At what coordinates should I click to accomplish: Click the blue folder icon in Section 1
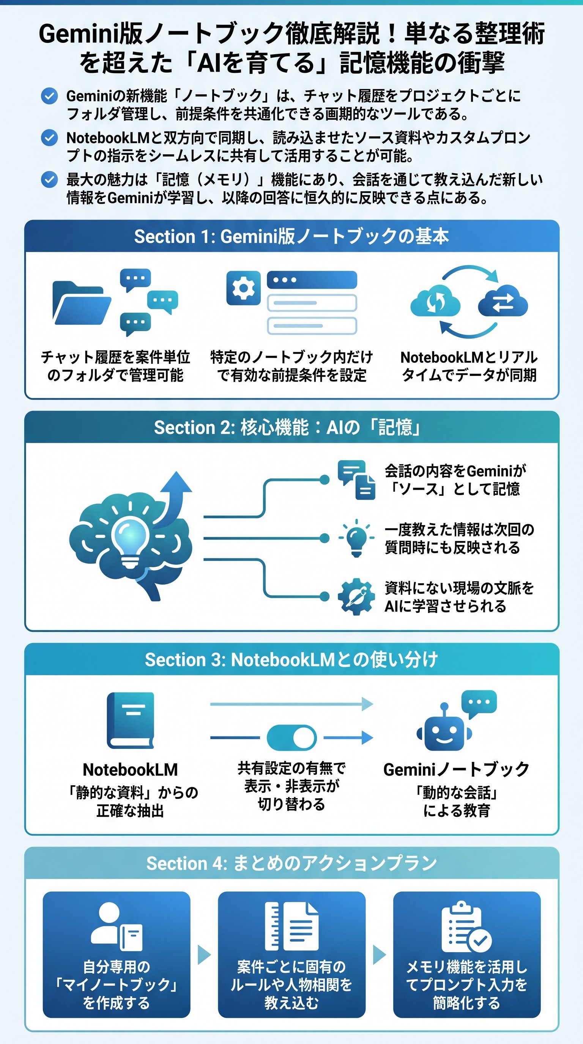pos(82,303)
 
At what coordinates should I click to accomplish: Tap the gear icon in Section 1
pos(243,288)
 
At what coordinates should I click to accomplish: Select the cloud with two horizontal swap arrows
pos(503,302)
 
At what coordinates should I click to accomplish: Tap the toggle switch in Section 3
pos(291,737)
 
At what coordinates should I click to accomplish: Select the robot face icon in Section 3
pos(444,732)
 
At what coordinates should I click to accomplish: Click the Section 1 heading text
pos(291,236)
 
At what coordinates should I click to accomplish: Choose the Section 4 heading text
pos(291,864)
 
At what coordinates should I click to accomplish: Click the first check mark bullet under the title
pos(49,96)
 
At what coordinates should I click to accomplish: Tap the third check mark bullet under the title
pos(49,179)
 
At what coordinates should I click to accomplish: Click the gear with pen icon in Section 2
pos(356,596)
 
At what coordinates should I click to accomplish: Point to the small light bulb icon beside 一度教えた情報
pos(356,538)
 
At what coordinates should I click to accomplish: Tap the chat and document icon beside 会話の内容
pos(356,480)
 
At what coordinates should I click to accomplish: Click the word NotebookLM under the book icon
pos(130,769)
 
